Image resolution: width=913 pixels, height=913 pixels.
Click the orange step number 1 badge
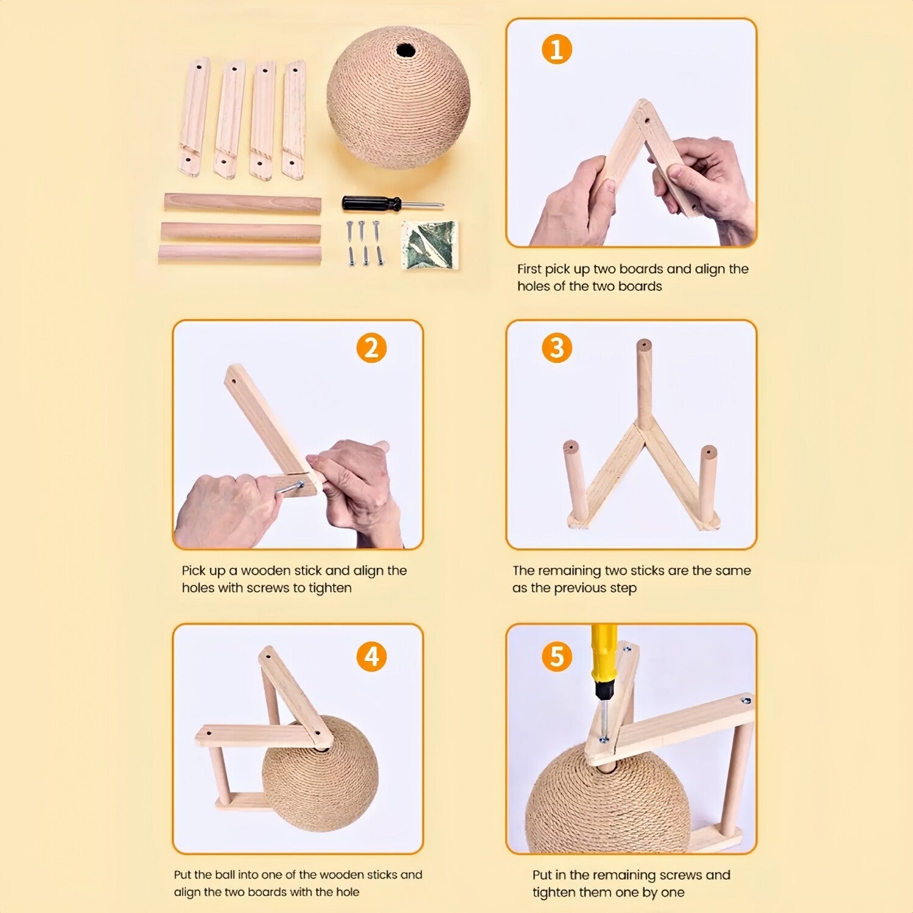[557, 49]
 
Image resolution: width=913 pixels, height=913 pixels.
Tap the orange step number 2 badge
[371, 348]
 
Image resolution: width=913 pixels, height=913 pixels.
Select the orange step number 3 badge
[557, 348]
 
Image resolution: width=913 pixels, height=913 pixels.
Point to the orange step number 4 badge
[371, 657]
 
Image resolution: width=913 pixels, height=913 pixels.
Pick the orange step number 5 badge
[557, 657]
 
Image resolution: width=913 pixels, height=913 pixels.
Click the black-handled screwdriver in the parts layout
[393, 203]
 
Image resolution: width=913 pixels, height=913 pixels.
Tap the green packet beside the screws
[430, 244]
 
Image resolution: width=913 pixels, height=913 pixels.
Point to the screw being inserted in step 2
[290, 488]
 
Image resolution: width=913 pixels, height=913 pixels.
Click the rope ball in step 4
[320, 782]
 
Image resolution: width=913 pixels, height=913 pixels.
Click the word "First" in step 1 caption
[530, 269]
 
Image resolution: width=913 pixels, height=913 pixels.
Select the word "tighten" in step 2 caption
[330, 588]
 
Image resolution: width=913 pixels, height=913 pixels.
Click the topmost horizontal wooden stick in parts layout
[243, 203]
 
